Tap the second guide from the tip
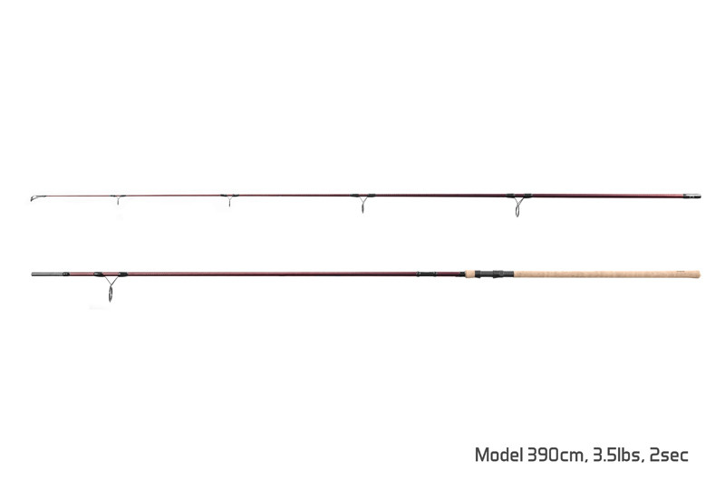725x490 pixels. pos(119,199)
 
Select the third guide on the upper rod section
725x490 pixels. pos(229,199)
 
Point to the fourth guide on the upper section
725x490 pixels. pos(363,203)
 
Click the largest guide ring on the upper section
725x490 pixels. pos(517,205)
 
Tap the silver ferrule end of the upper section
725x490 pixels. pos(692,196)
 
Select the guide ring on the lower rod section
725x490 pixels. pos(110,286)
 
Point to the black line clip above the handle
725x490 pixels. pos(426,274)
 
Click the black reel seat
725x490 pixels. pos(494,274)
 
